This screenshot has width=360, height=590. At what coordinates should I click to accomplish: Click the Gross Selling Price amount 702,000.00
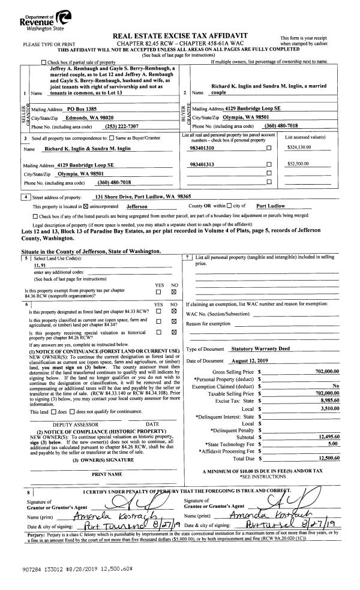click(326, 372)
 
